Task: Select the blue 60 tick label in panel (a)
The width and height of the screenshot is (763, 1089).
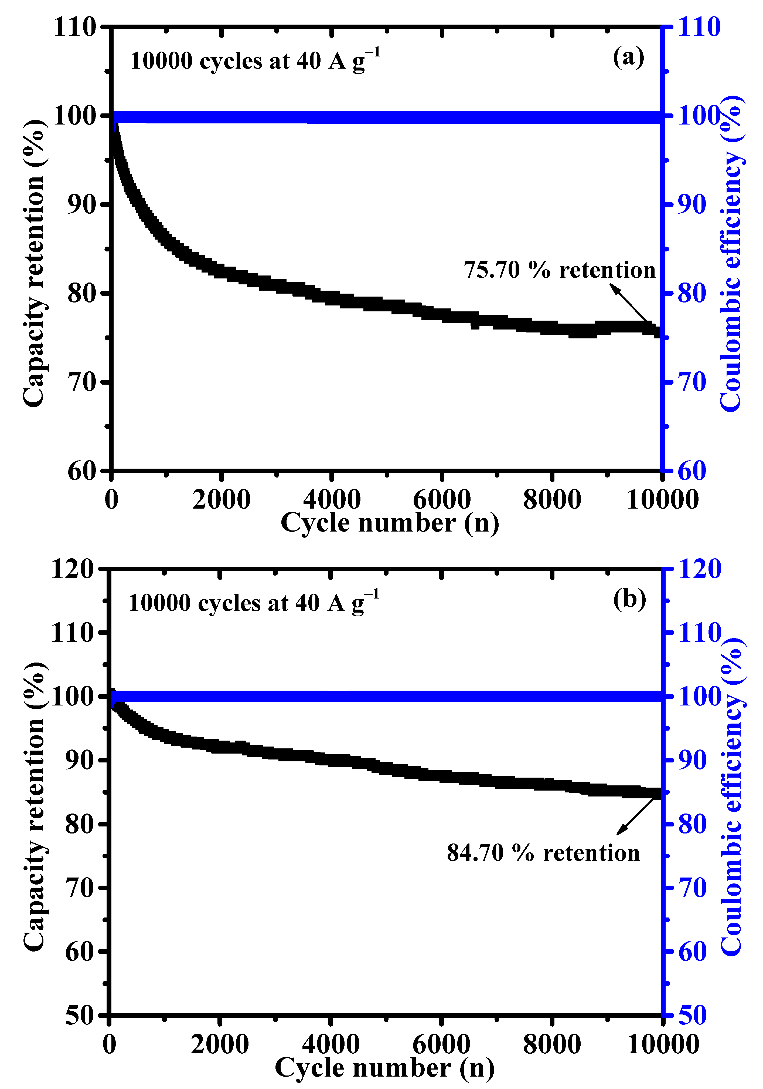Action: coord(692,471)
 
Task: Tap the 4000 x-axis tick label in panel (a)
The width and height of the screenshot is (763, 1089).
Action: coord(332,499)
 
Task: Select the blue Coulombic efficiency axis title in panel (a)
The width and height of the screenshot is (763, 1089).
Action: coord(731,254)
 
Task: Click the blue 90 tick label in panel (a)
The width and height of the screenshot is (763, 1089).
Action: coord(692,204)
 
